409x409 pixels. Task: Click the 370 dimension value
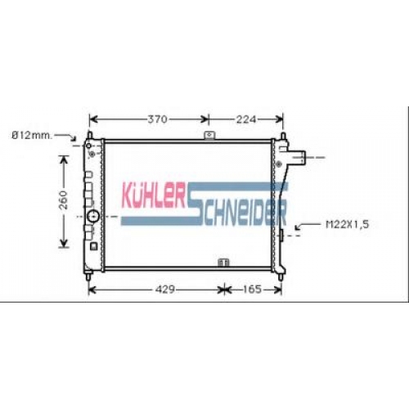coord(157,119)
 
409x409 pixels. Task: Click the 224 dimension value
coord(246,119)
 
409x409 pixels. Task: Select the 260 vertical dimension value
coord(64,200)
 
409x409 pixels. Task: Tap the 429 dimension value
coord(164,290)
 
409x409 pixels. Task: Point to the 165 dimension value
coord(252,290)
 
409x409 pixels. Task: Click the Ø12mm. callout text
coord(32,136)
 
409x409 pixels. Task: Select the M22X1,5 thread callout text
coord(348,224)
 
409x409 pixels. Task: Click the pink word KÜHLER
coord(155,195)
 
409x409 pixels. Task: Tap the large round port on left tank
coord(93,216)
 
